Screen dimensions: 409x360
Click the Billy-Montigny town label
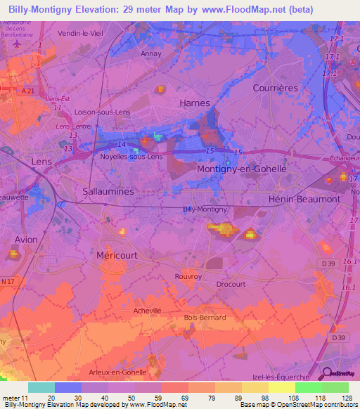(205, 209)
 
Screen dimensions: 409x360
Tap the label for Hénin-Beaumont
(304, 200)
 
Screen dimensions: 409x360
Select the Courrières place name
(275, 88)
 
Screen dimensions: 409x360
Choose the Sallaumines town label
(108, 190)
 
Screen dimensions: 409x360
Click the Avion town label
(26, 240)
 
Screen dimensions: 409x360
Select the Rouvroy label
(188, 276)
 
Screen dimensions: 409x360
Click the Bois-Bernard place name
(205, 318)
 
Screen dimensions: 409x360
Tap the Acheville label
(147, 310)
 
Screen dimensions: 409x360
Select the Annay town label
(151, 53)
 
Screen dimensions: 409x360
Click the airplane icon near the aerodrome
(18, 42)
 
